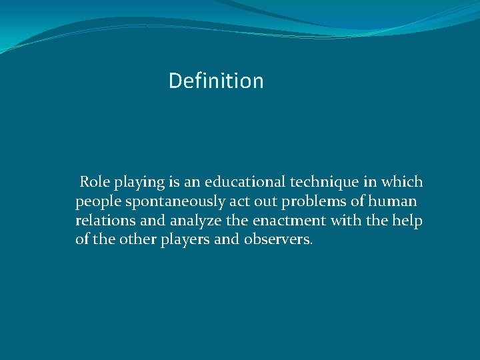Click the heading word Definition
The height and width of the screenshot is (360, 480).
pos(216,81)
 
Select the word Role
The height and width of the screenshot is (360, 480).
pos(95,182)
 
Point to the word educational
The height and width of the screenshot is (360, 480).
pos(243,182)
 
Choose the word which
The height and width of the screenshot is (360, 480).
pos(402,182)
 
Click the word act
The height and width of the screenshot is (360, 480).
pos(240,201)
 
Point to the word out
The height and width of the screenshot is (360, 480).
pos(268,201)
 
